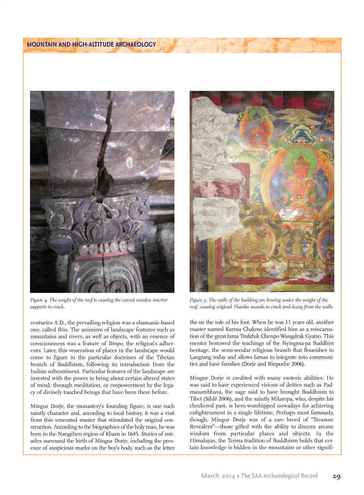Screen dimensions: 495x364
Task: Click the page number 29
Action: (x=336, y=476)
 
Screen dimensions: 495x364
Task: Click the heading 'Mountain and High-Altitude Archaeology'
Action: (x=91, y=44)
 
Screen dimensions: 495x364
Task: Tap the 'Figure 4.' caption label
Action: (x=39, y=300)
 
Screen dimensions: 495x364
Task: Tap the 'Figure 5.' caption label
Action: (x=198, y=300)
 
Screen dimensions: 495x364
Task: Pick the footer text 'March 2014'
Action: (x=218, y=476)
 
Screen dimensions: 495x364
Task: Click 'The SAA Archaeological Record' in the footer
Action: (x=279, y=476)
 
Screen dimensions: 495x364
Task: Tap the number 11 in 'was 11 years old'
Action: (x=289, y=322)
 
